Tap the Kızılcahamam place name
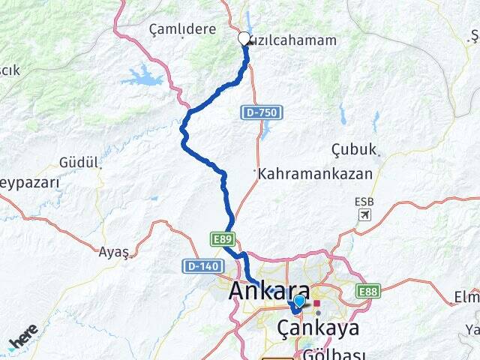(x=292, y=40)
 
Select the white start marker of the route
(x=244, y=38)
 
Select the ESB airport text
(x=363, y=202)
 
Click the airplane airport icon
(x=364, y=214)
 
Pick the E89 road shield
(x=223, y=238)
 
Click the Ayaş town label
(x=114, y=252)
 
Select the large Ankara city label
(x=271, y=290)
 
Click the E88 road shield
(x=367, y=291)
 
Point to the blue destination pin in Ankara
(x=299, y=301)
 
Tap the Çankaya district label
(x=318, y=328)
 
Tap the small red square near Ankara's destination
(x=317, y=303)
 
